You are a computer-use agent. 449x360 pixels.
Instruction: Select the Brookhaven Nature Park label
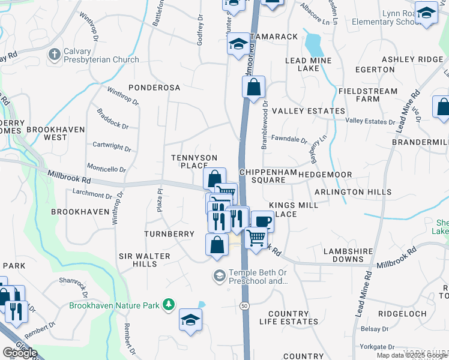[x=114, y=305]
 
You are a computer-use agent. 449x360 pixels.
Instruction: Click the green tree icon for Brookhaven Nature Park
[x=169, y=305]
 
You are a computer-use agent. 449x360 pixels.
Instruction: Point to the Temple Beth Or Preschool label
[x=254, y=276]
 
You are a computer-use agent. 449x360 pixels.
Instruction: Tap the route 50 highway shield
[x=245, y=305]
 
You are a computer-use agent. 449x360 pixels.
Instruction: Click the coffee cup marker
[x=262, y=222]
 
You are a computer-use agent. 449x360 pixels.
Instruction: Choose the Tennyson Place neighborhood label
[x=194, y=161]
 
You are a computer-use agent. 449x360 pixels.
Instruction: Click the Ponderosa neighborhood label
[x=154, y=88]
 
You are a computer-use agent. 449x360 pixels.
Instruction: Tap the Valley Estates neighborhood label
[x=309, y=111]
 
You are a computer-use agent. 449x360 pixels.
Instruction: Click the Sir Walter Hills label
[x=144, y=260]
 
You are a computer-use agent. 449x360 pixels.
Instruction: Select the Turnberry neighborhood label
[x=169, y=233]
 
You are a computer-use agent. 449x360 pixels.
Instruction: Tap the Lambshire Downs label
[x=349, y=255]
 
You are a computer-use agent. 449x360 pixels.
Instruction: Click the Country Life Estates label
[x=288, y=317]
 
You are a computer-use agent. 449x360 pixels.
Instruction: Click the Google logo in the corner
[x=20, y=353]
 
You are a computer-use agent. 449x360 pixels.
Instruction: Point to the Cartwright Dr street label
[x=112, y=146]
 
